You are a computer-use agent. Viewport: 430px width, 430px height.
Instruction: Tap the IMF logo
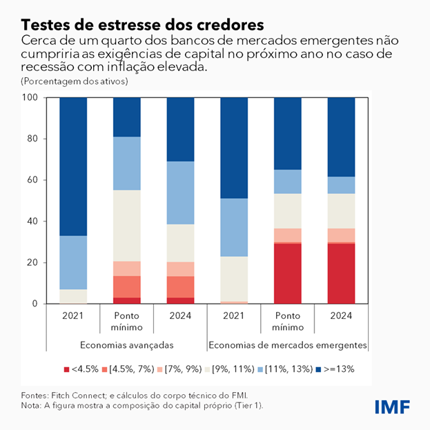(393, 407)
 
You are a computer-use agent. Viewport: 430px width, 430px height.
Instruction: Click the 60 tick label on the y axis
(30, 180)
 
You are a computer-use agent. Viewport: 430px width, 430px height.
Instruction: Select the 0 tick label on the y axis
(33, 304)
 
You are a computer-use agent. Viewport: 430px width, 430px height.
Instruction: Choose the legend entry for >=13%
(338, 369)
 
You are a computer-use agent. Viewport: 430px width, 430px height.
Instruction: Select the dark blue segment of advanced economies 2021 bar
(72, 166)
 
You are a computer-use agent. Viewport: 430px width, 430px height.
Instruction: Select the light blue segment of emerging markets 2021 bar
(234, 227)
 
